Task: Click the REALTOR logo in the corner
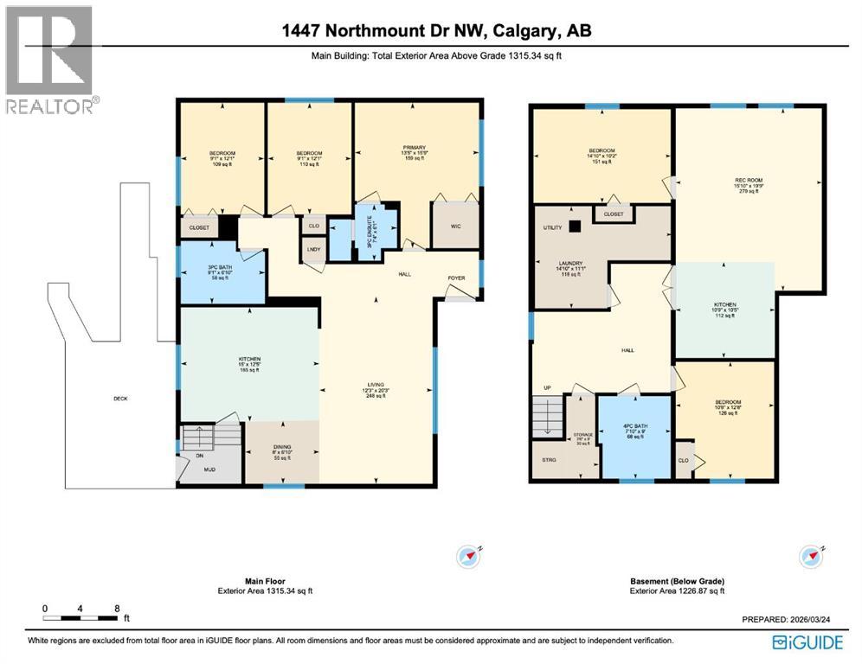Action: pos(51,59)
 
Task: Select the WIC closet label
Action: pos(454,228)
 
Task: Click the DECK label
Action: pos(120,399)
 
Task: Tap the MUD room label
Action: pos(209,469)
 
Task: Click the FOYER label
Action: pos(456,278)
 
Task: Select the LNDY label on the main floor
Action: pos(313,251)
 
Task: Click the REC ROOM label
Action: pos(748,180)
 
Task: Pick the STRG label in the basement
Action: pos(550,460)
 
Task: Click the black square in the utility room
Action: pos(574,227)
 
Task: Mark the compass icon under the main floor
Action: pos(471,555)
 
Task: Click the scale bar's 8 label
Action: pos(117,609)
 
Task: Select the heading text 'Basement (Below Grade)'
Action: pos(677,581)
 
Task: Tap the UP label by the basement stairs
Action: pos(545,388)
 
